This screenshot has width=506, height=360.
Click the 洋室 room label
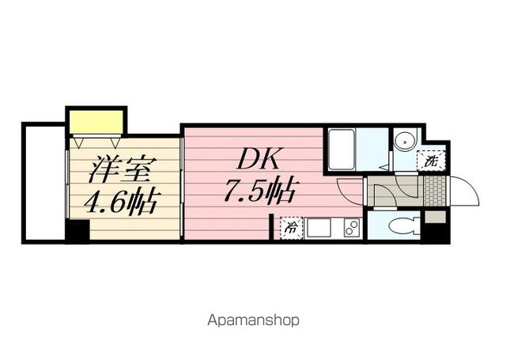coord(115,169)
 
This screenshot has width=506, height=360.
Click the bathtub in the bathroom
coord(342,147)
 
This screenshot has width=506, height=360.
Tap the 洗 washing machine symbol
coord(431,161)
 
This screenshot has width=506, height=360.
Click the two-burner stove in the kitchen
coord(350,228)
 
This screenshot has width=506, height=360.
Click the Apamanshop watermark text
coord(253,321)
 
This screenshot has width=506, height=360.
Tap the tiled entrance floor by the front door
coord(433,190)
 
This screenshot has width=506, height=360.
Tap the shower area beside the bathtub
coord(373,147)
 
